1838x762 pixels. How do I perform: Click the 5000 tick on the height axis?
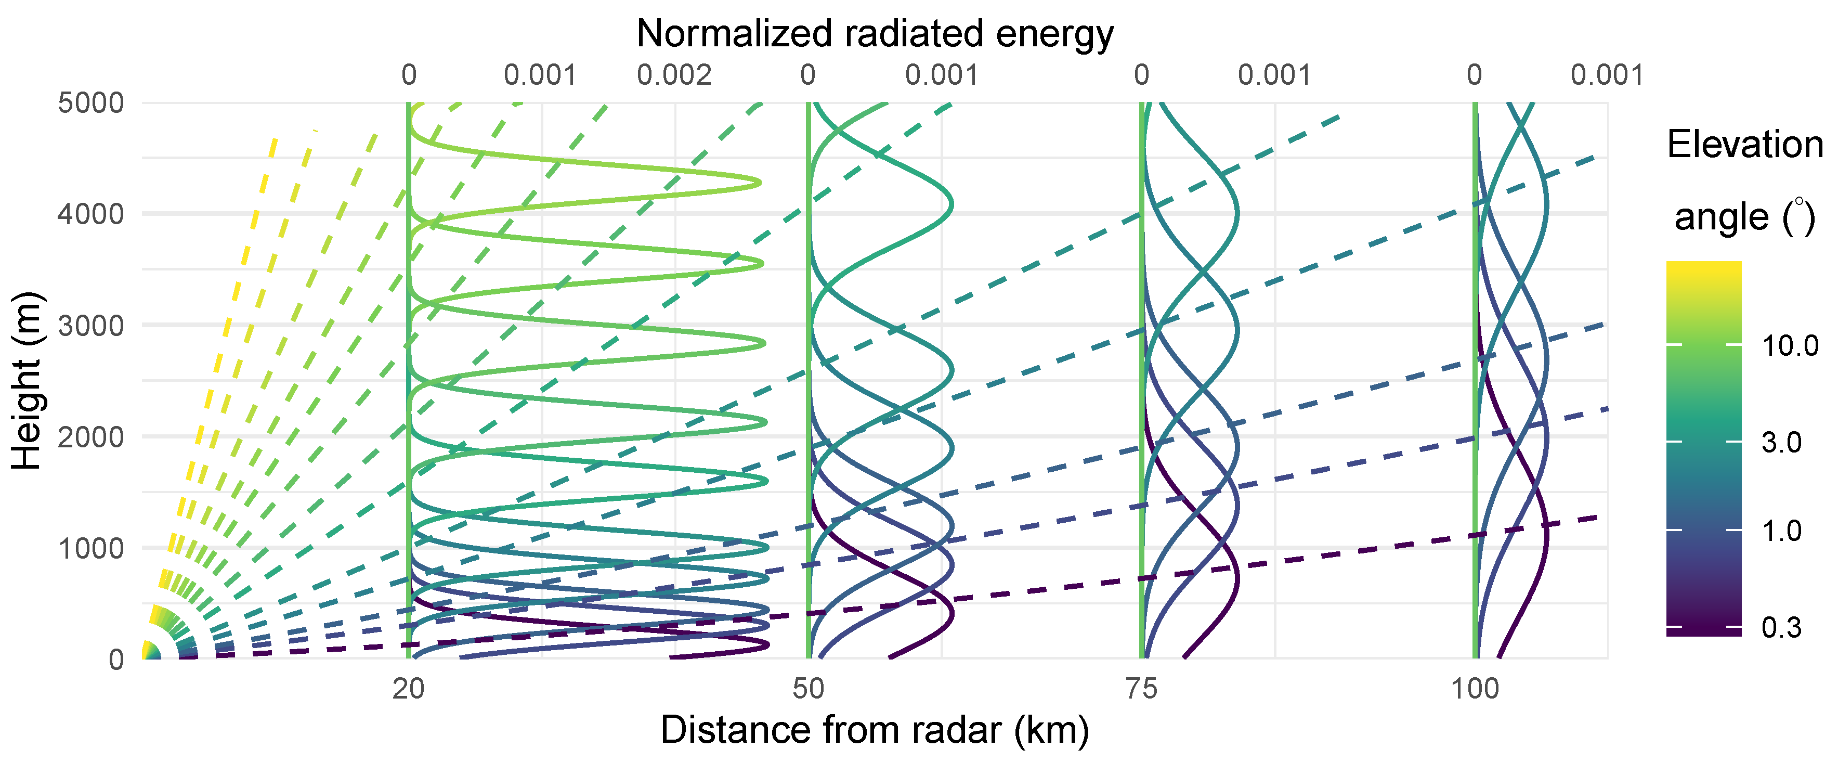pyautogui.click(x=90, y=103)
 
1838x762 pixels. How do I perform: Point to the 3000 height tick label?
pyautogui.click(x=90, y=326)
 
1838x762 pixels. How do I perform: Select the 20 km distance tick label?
pyautogui.click(x=408, y=689)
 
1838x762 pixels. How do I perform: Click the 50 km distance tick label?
pyautogui.click(x=809, y=689)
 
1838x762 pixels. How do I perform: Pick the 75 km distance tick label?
pyautogui.click(x=1142, y=689)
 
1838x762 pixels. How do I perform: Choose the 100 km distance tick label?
pyautogui.click(x=1476, y=689)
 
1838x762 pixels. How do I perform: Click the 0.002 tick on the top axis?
pyautogui.click(x=674, y=75)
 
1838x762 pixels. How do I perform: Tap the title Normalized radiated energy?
pyautogui.click(x=875, y=33)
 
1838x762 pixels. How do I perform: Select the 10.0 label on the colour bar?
pyautogui.click(x=1790, y=346)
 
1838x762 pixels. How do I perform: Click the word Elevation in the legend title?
pyautogui.click(x=1744, y=145)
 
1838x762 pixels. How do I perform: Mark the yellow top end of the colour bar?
pyautogui.click(x=1704, y=267)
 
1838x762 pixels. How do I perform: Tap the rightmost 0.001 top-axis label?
pyautogui.click(x=1607, y=75)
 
